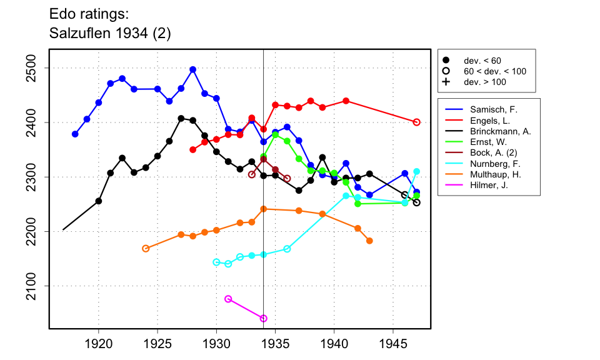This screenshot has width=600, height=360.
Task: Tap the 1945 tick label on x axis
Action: tap(393, 344)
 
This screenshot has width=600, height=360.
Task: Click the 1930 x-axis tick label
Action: tap(216, 344)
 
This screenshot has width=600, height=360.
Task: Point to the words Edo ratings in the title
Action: tap(84, 13)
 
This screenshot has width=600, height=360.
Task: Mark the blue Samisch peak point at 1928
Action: tap(192, 69)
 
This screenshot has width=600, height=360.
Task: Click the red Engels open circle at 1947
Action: tap(417, 122)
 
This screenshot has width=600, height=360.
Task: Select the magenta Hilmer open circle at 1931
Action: tap(228, 299)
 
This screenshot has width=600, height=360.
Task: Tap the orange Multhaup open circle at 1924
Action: tap(146, 248)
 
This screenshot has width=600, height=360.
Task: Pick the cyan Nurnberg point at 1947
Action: tap(417, 171)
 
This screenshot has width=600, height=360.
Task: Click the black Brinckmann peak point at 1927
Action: tap(181, 118)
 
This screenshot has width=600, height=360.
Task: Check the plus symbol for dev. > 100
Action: tap(446, 82)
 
